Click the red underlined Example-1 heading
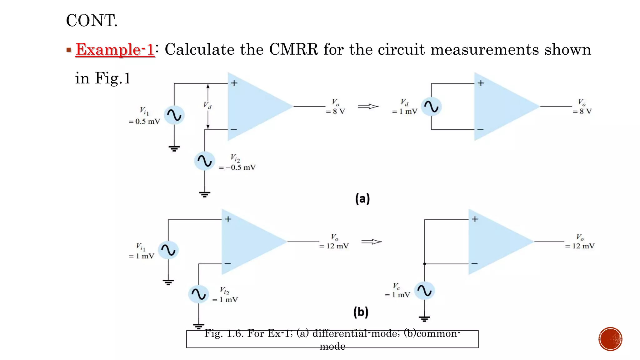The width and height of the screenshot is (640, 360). click(x=115, y=49)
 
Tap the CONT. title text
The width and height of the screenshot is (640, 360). click(x=92, y=21)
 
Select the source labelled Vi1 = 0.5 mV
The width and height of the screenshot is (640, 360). click(x=174, y=115)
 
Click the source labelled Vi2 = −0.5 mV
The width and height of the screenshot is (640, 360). click(x=205, y=161)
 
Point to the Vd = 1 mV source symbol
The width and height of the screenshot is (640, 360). click(x=431, y=107)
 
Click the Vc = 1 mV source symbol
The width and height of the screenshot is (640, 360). click(x=424, y=291)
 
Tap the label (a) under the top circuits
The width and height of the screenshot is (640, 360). click(x=362, y=199)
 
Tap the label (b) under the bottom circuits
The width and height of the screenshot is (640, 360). click(x=361, y=312)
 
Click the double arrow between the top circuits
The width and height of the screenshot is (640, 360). click(x=368, y=107)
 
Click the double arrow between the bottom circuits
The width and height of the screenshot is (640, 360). click(x=371, y=242)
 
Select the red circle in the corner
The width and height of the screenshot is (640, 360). click(x=610, y=339)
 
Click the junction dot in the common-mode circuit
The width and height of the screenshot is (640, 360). click(x=424, y=264)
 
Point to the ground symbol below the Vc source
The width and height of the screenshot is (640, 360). click(x=424, y=319)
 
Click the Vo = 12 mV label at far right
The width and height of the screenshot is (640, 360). click(x=580, y=242)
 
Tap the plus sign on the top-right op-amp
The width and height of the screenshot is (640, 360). click(x=481, y=83)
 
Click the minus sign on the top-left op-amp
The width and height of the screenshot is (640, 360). click(x=234, y=129)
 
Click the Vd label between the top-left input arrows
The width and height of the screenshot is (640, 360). click(x=207, y=105)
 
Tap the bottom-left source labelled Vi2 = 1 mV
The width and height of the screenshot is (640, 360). click(x=198, y=294)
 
